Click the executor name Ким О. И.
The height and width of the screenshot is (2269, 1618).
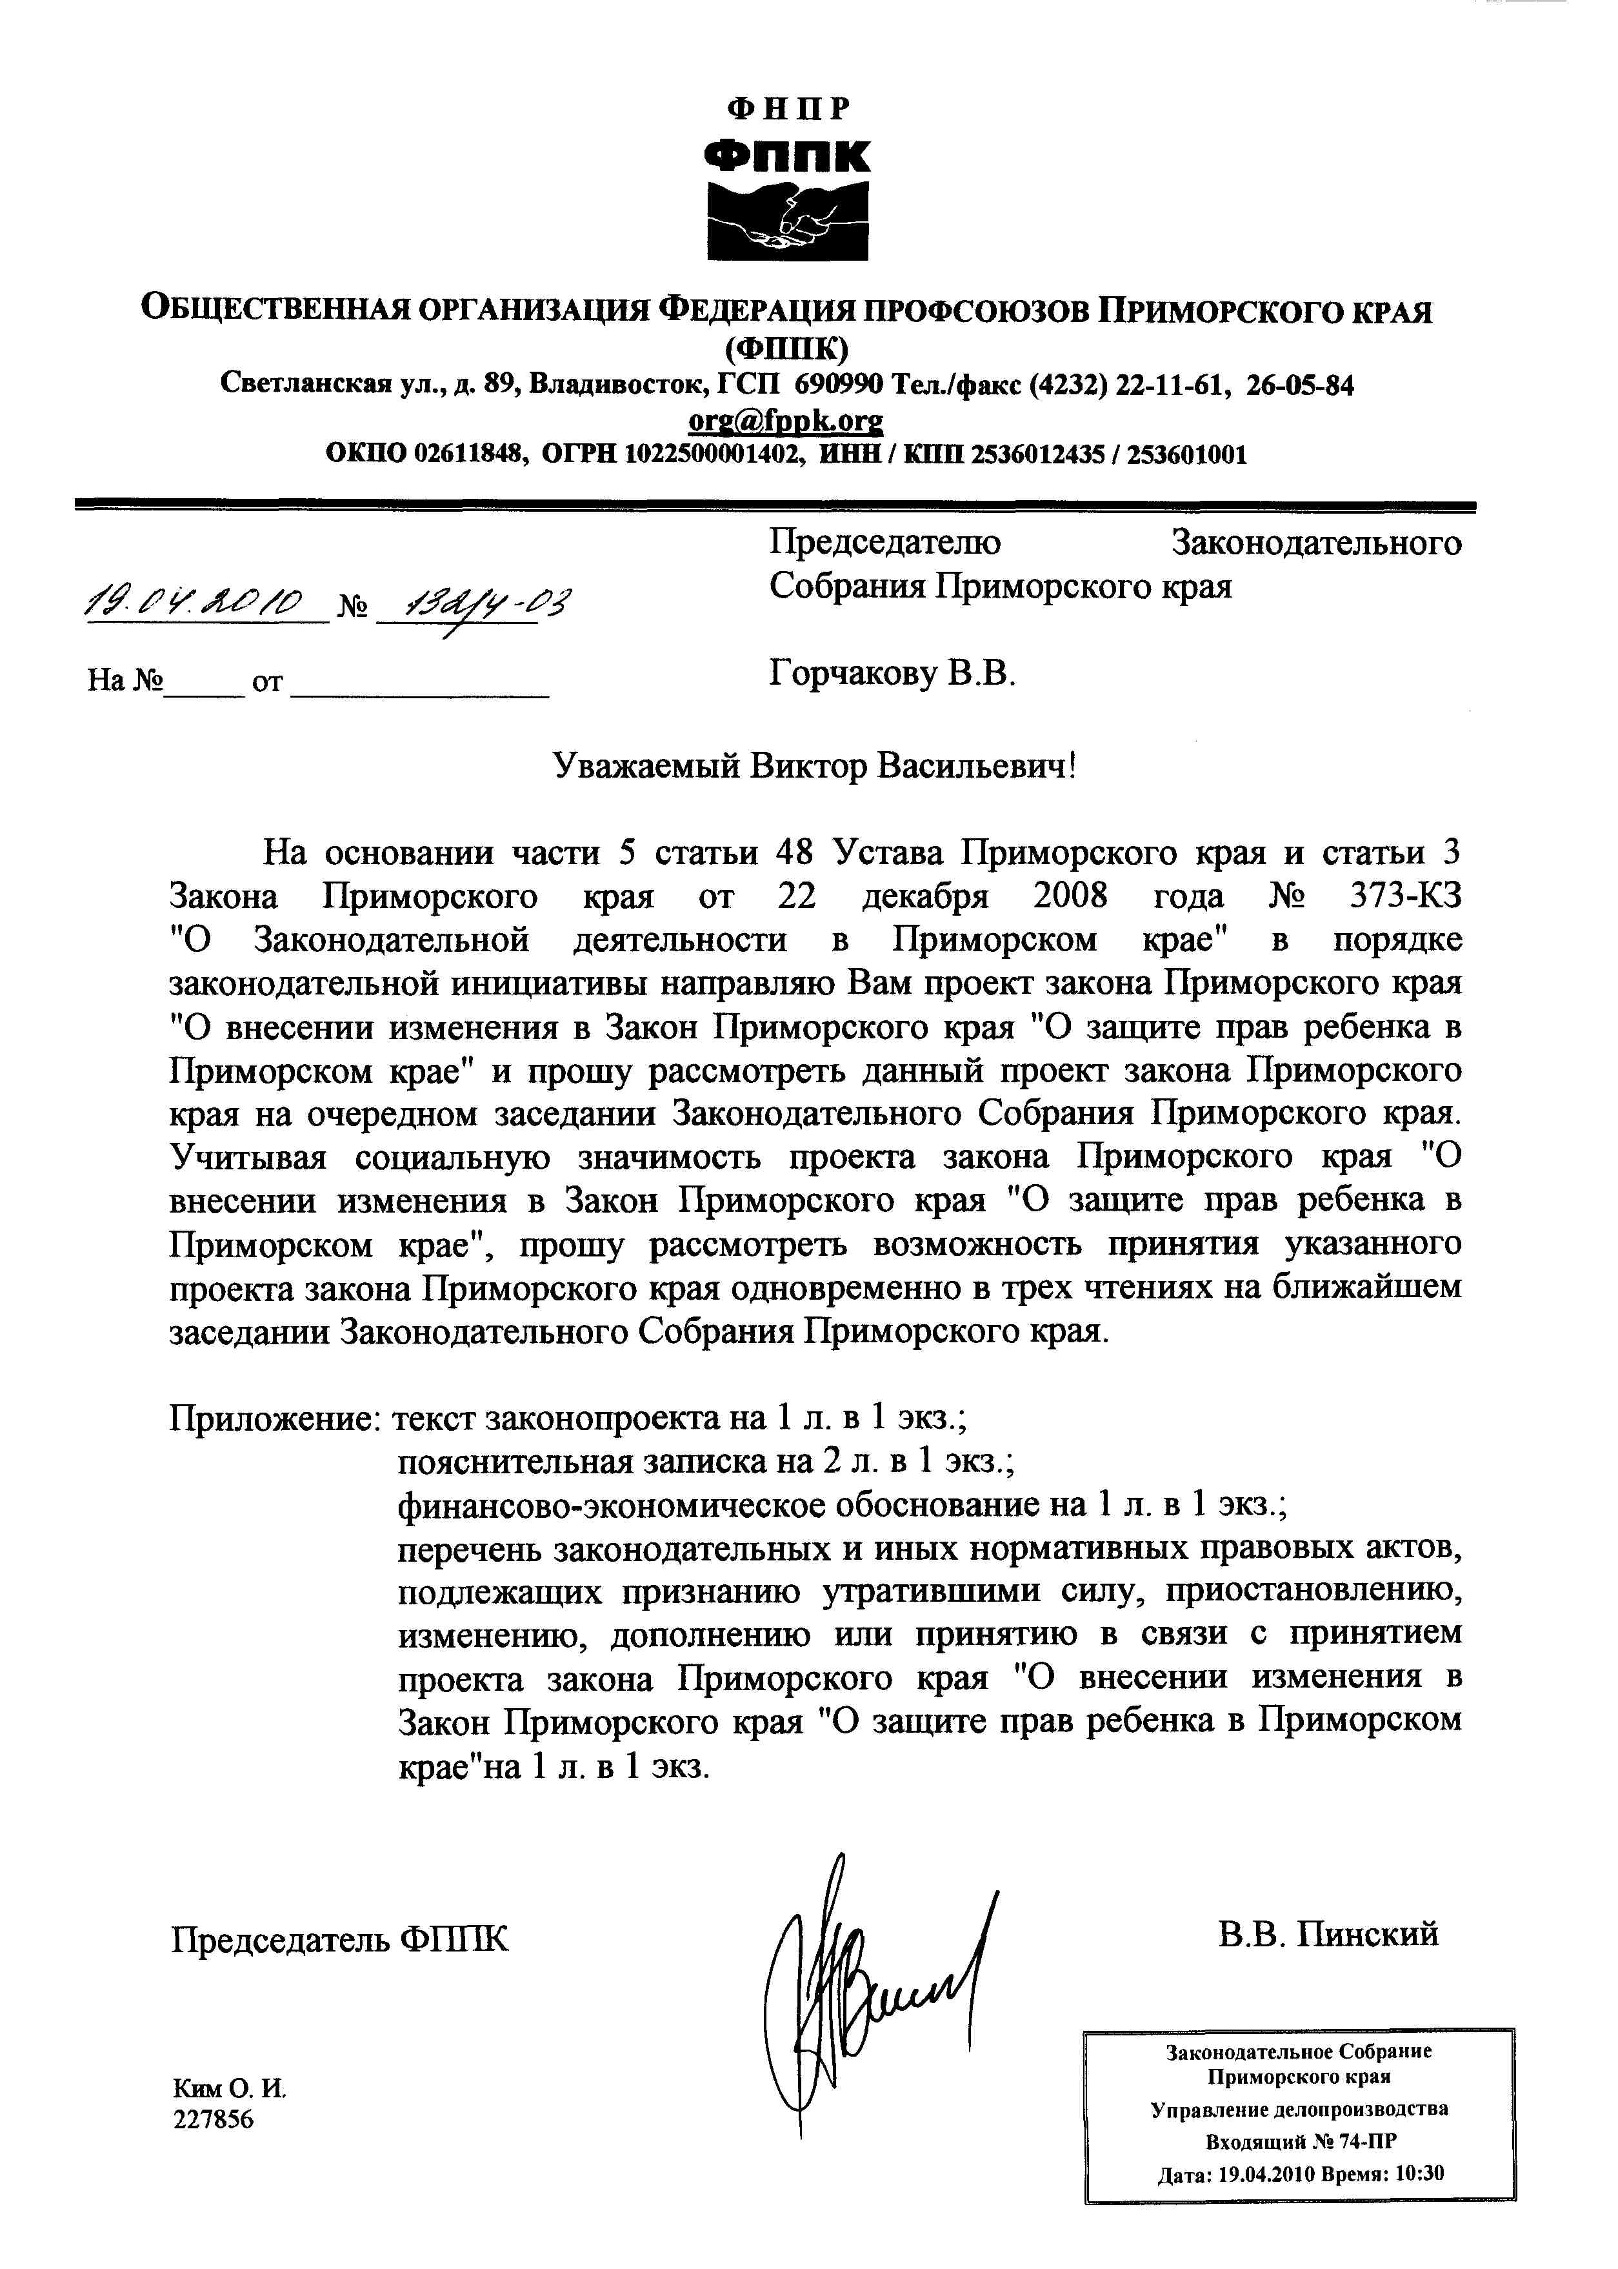[x=229, y=2089]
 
